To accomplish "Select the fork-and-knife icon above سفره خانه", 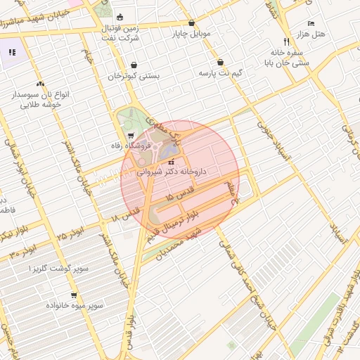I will coord(286,41).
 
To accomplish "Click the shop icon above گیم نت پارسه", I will coord(221,63).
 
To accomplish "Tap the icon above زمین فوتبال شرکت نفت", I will coord(120,18).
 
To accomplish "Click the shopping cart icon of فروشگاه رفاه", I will coord(130,136).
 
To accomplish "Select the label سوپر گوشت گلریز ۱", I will coord(58,269).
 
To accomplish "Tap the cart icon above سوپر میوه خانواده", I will coord(73,295).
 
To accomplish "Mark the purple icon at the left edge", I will coord(11,52).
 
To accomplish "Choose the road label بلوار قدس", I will coord(127,330).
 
